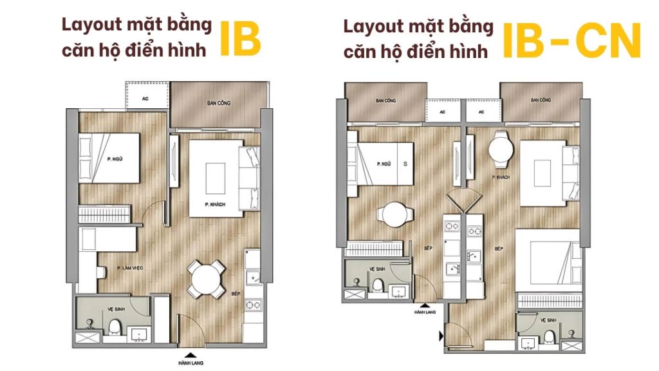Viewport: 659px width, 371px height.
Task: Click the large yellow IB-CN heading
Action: click(x=571, y=41)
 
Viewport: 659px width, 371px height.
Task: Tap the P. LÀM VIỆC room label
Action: click(x=130, y=268)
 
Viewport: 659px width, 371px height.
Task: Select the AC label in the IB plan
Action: click(x=145, y=99)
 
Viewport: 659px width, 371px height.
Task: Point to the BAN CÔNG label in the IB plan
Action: click(x=219, y=103)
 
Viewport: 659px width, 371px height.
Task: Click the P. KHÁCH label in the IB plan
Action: click(x=215, y=204)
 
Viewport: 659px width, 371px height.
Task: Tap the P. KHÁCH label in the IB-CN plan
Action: click(x=501, y=178)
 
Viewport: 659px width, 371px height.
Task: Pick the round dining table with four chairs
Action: click(x=205, y=280)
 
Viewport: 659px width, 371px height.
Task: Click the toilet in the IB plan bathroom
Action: click(x=115, y=327)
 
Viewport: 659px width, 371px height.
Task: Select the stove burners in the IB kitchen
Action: click(x=253, y=305)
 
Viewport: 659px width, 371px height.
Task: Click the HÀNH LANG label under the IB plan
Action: click(x=190, y=363)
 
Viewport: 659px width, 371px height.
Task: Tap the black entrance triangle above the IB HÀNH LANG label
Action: click(x=190, y=355)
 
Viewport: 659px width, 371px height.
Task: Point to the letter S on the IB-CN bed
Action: click(x=405, y=164)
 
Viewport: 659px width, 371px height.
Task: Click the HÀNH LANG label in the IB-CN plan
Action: click(x=425, y=312)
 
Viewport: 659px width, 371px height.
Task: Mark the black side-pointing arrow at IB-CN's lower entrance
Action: click(x=441, y=336)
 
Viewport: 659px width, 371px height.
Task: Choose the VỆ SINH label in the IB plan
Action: click(x=116, y=309)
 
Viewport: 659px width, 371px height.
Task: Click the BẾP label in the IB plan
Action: click(x=236, y=294)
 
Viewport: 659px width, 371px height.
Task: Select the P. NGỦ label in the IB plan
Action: click(x=115, y=159)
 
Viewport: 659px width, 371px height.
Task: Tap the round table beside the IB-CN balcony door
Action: click(x=501, y=149)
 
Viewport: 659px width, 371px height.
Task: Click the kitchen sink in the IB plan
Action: click(x=253, y=277)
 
